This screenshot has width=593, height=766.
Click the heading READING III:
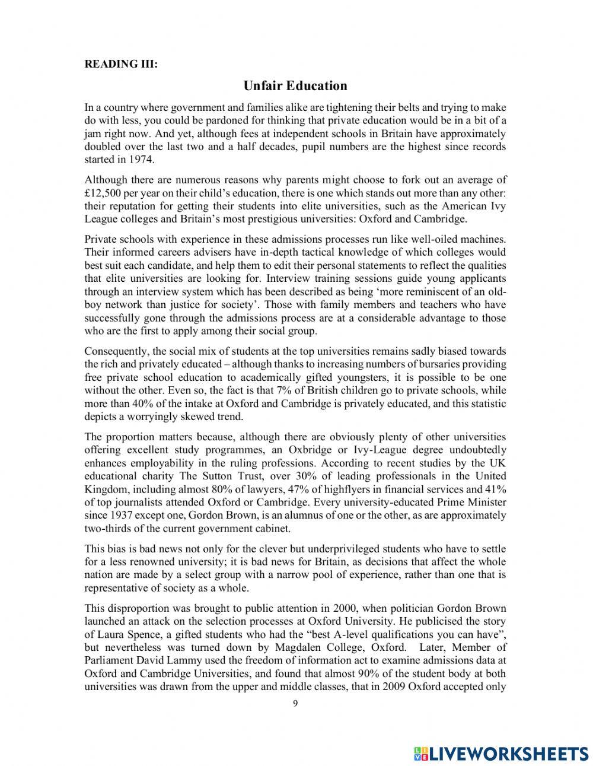point(121,64)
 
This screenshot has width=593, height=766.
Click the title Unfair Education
point(295,85)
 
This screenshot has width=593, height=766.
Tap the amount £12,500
point(105,192)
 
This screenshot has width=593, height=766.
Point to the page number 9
point(295,704)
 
